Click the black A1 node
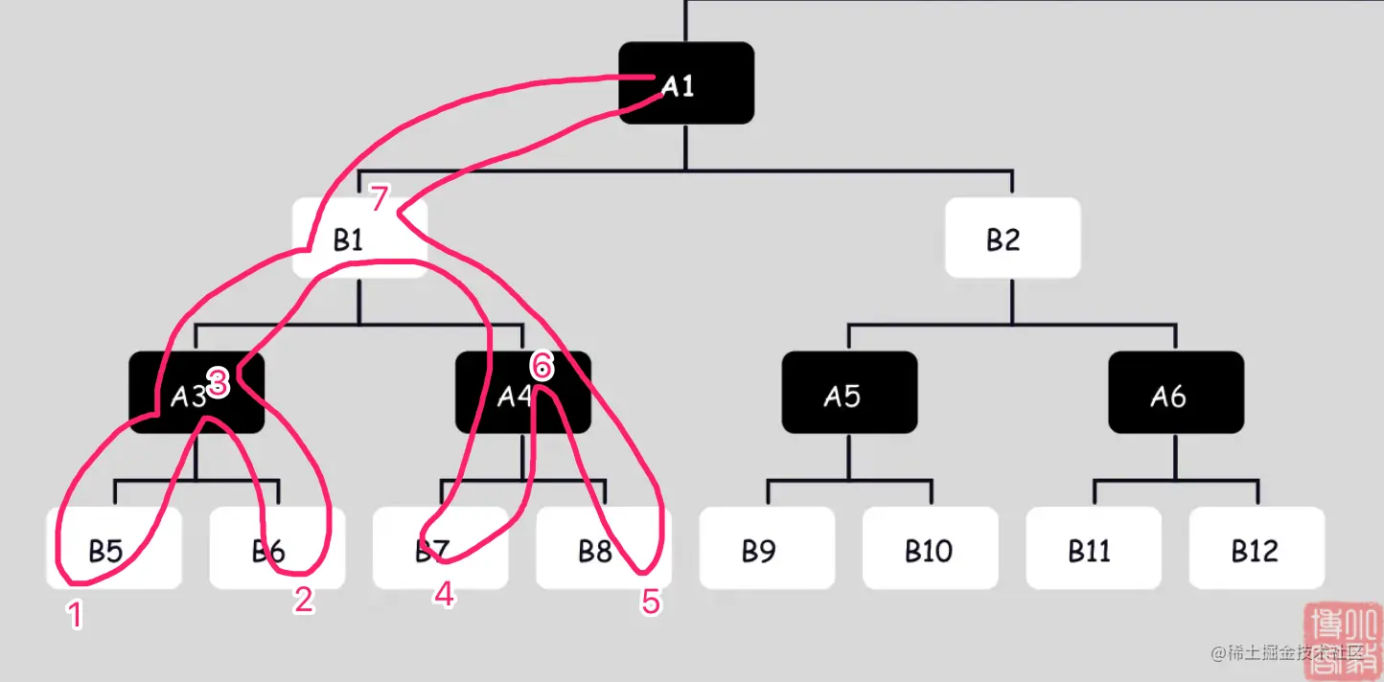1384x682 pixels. [686, 83]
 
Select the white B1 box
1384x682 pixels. [358, 239]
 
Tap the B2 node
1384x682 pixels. [1012, 239]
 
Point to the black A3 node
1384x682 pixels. [196, 393]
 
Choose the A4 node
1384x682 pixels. [522, 393]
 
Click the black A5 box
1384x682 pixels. [849, 393]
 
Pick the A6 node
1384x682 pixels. [1176, 393]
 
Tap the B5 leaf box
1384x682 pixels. [113, 548]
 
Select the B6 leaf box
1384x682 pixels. [277, 548]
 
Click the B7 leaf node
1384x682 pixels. [440, 548]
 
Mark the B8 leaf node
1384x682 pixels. [603, 548]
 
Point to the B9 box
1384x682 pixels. [767, 548]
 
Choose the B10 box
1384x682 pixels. [930, 548]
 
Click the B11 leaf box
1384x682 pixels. [1094, 548]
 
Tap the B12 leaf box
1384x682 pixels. [1257, 548]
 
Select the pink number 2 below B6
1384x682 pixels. [303, 600]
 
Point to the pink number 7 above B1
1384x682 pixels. [380, 199]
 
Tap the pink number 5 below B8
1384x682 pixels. [651, 602]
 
